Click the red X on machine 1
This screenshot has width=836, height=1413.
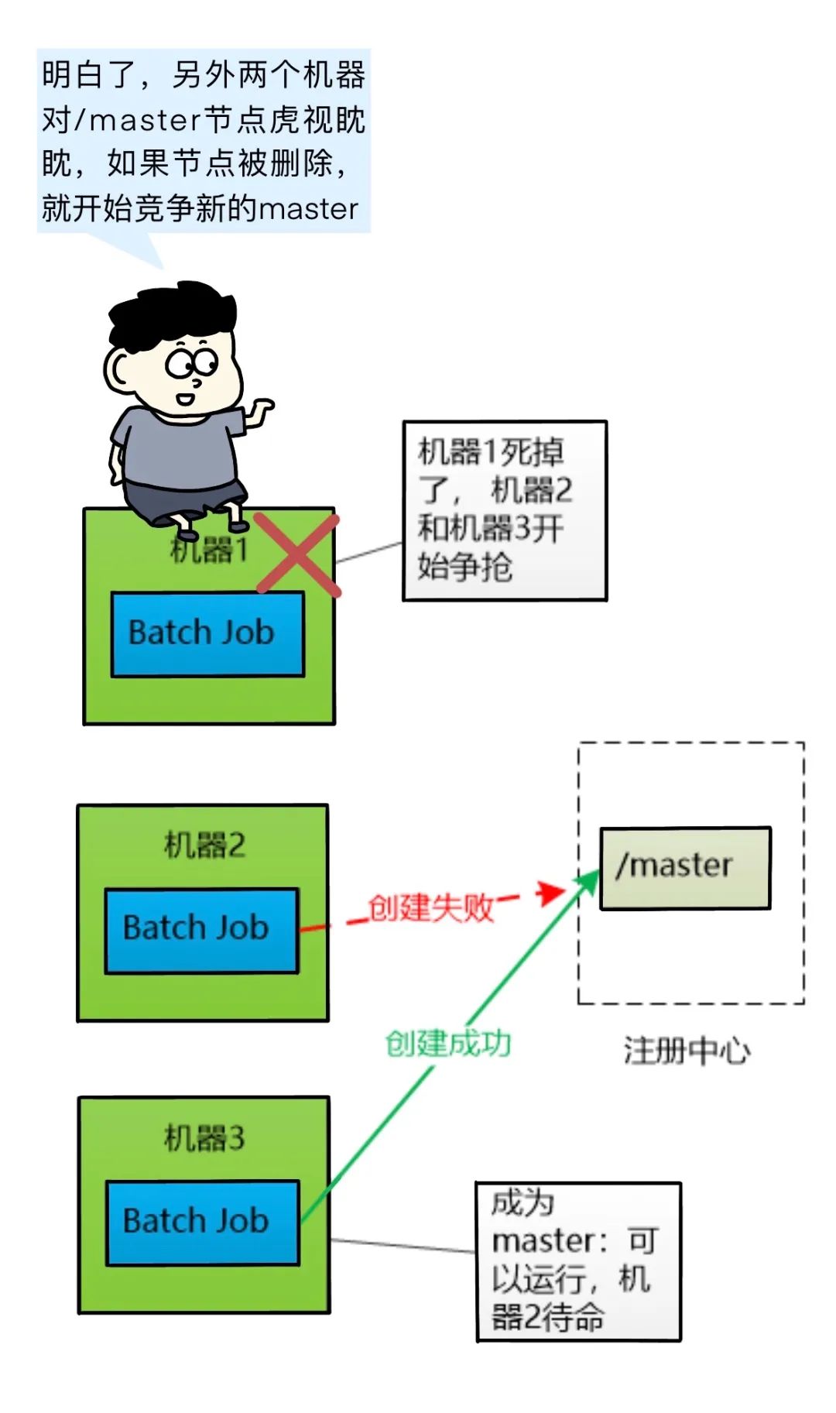tap(297, 554)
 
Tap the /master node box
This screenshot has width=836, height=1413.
tap(685, 867)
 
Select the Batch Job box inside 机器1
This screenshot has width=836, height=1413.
tap(207, 633)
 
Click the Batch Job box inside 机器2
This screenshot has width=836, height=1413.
tap(201, 929)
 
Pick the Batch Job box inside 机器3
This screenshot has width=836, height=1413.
tap(202, 1223)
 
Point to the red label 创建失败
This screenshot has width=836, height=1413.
tap(430, 907)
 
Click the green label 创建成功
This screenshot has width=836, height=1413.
tap(448, 1044)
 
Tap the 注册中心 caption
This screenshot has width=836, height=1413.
tap(687, 1051)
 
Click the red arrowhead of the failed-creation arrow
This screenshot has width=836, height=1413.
tap(551, 892)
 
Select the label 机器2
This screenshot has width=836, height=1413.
tap(204, 845)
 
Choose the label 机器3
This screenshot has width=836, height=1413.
tap(204, 1138)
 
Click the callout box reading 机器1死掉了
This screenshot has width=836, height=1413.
tap(505, 510)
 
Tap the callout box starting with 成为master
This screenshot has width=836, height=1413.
tap(578, 1261)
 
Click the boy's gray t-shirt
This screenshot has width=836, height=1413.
tap(178, 449)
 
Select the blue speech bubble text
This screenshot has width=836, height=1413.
tap(204, 141)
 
